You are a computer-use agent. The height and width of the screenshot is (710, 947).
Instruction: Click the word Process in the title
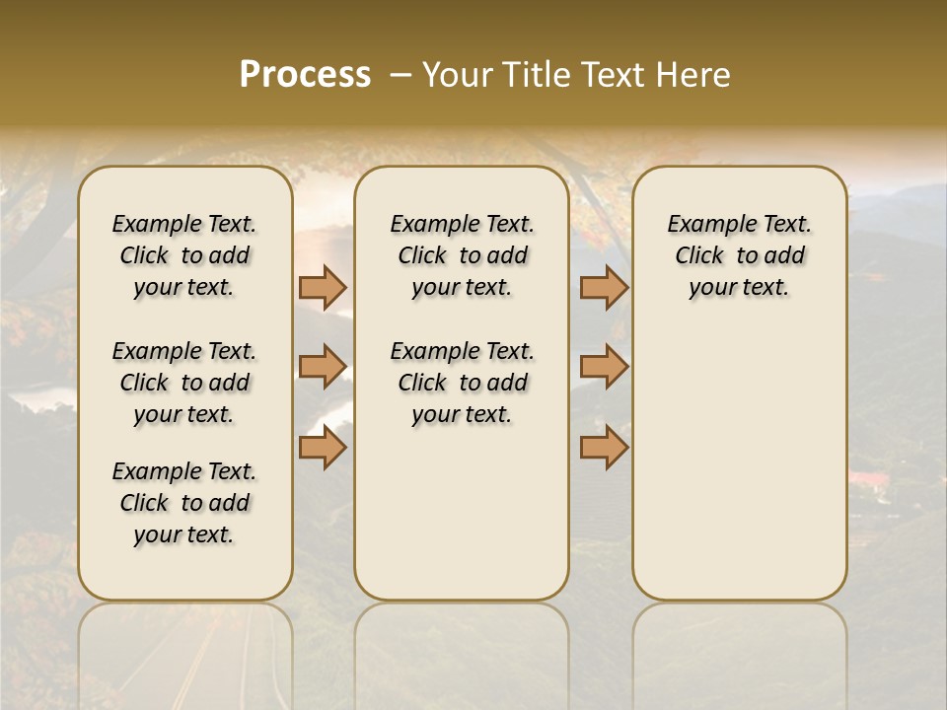pos(305,75)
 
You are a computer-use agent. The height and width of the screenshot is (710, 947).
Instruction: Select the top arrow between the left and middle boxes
pos(323,287)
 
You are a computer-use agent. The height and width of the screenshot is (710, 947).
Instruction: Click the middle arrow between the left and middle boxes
pos(323,367)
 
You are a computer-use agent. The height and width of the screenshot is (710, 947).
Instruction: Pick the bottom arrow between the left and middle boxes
pos(323,448)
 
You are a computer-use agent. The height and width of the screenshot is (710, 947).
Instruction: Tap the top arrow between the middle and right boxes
pos(604,287)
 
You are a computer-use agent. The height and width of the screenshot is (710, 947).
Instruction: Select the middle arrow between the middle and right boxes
pos(604,367)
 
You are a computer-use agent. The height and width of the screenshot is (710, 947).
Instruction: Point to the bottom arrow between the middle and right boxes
pos(604,448)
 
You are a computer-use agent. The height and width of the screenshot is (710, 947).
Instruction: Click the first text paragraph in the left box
pos(184,255)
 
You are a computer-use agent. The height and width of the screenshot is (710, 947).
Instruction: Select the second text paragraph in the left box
pos(184,383)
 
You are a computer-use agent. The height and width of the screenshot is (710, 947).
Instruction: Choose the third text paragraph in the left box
pos(184,503)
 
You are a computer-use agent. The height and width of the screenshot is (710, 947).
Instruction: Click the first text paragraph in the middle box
pos(462,255)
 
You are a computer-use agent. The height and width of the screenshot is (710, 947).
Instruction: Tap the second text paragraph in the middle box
pos(462,383)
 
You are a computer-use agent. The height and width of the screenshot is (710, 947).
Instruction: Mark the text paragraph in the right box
pos(739,255)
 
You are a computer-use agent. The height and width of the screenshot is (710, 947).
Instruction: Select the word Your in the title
pos(455,75)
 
